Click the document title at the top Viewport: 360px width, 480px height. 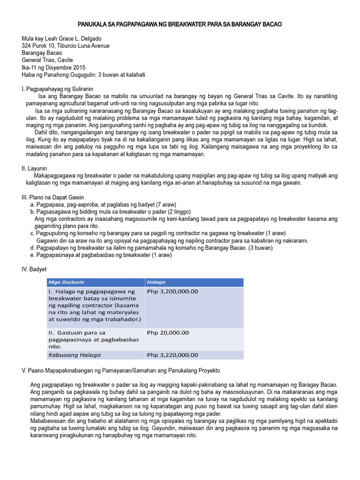(180, 24)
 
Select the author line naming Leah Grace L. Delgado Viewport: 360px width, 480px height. (61, 38)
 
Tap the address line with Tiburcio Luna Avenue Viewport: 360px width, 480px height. (66, 46)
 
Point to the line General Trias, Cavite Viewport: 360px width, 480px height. (47, 60)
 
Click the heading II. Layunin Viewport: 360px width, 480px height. (34, 168)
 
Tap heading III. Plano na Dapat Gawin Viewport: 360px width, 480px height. (52, 197)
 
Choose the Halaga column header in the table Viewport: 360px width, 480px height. (156, 282)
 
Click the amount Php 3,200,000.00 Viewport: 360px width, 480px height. (172, 292)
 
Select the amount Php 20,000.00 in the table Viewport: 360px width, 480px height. (168, 332)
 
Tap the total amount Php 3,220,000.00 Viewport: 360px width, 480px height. (172, 355)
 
